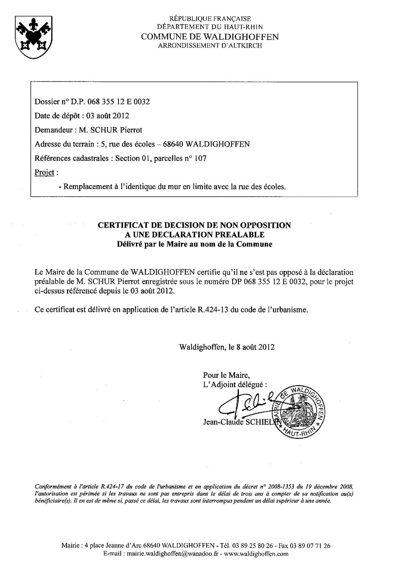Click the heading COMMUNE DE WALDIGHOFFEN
tap(210, 37)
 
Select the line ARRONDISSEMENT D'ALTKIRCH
tap(210, 45)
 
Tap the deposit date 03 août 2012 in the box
tap(107, 116)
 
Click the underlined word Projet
tap(44, 173)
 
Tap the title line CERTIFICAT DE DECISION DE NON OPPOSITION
tap(194, 225)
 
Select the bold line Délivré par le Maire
tap(194, 244)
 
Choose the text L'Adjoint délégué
tap(235, 384)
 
